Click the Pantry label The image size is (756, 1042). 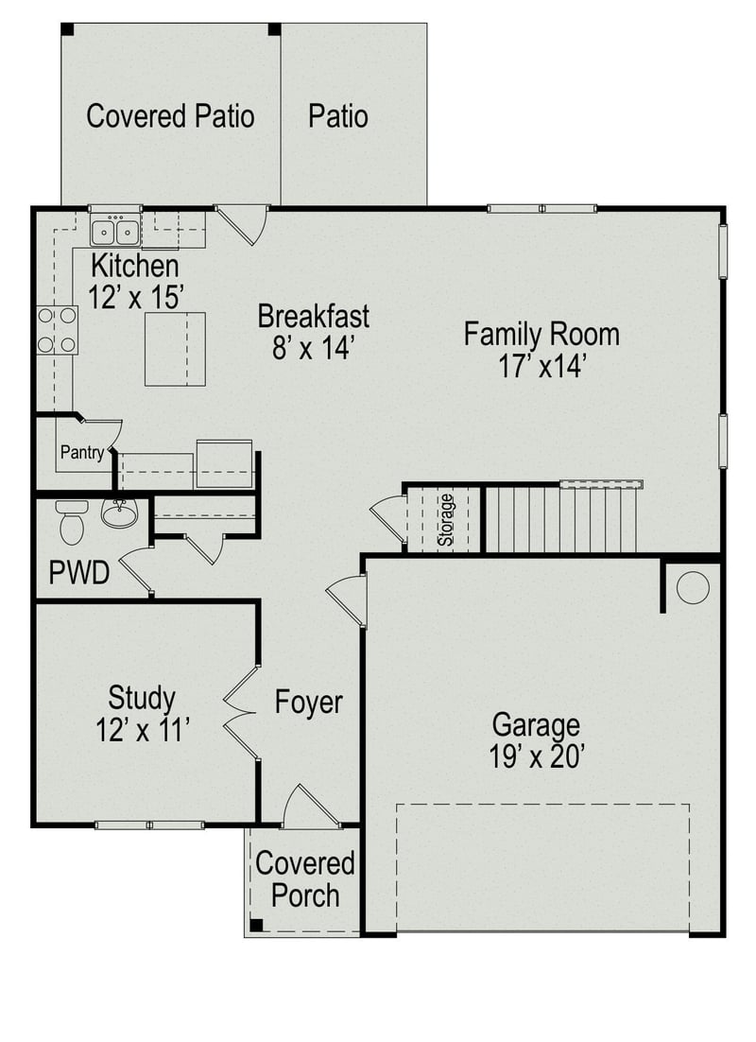click(81, 453)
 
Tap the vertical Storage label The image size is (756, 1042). click(445, 519)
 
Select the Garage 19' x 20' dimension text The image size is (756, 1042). click(536, 756)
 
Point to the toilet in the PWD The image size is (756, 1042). click(72, 521)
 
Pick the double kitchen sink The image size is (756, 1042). click(115, 230)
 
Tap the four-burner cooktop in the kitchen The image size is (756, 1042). click(57, 330)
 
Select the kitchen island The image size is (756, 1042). click(175, 348)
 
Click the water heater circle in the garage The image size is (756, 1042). click(693, 587)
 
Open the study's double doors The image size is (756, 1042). click(243, 712)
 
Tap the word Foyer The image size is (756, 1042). click(308, 703)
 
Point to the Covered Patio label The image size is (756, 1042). click(170, 116)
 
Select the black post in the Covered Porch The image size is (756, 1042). click(255, 925)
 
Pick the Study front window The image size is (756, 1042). click(149, 825)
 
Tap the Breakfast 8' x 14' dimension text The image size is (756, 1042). click(313, 347)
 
